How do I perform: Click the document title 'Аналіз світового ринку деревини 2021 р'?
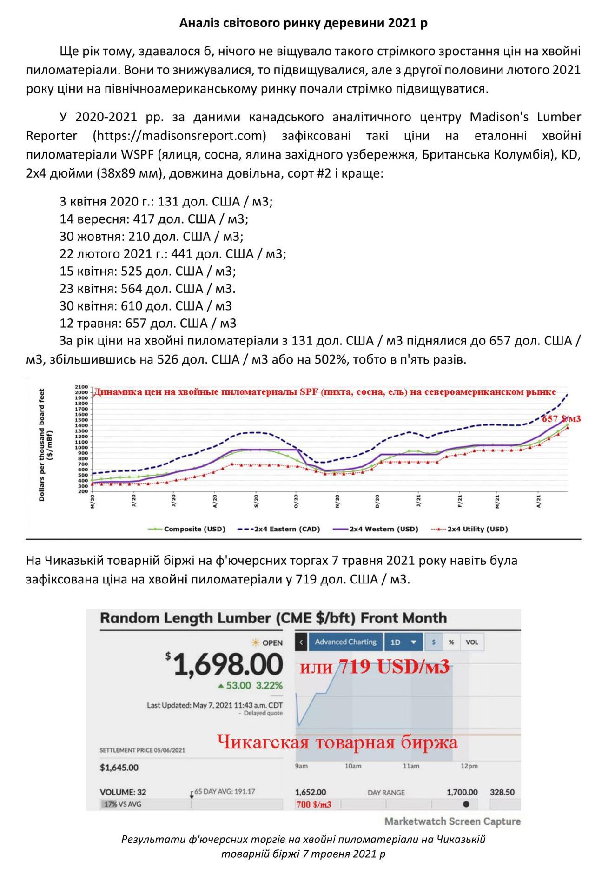[303, 23]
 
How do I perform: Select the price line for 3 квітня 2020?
[166, 201]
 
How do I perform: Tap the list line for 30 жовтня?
[152, 236]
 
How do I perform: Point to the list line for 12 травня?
[148, 323]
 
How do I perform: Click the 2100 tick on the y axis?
[81, 387]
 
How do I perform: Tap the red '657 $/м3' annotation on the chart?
[561, 419]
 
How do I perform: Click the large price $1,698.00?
[228, 665]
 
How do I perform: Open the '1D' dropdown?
[403, 642]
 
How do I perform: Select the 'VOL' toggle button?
[471, 642]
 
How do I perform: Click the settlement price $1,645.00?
[119, 768]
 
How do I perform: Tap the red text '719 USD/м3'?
[394, 667]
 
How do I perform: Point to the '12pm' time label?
[469, 766]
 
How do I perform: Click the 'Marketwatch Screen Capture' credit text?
[452, 821]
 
